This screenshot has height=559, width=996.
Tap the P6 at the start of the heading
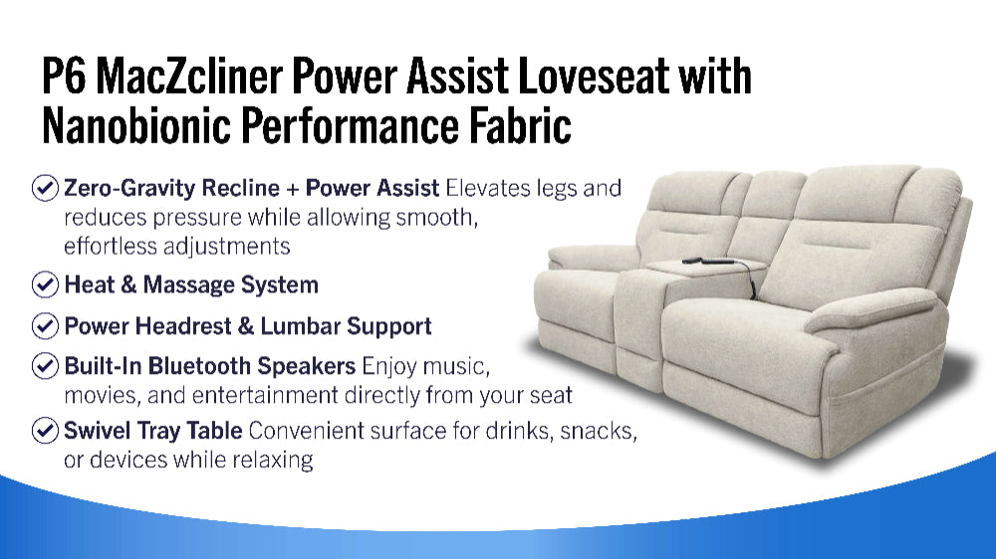pos(63,76)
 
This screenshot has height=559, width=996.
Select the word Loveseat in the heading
pos(594,76)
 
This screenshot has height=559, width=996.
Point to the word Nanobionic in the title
pos(135,125)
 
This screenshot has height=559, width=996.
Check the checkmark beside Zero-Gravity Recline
pos(45,188)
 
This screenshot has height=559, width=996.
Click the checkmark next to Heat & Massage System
pos(45,284)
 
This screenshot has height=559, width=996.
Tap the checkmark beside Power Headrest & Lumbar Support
pos(45,326)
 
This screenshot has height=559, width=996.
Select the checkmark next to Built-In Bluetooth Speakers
pos(45,366)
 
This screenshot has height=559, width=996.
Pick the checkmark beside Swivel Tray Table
pos(45,431)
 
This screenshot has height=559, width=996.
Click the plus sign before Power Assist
pos(292,189)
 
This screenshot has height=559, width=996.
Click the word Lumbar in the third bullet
pos(301,326)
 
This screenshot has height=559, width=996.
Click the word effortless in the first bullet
pos(111,247)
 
